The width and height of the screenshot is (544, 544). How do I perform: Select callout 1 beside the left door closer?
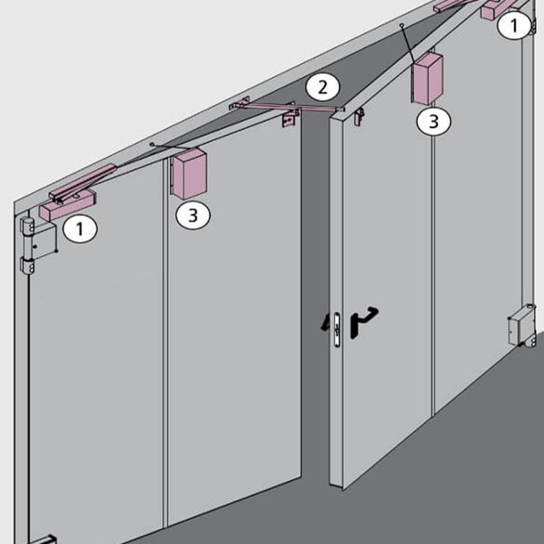click(80, 229)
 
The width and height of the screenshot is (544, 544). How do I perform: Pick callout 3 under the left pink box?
click(193, 215)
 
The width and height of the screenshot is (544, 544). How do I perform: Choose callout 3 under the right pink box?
click(433, 121)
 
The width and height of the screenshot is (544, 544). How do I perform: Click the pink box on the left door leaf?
click(188, 174)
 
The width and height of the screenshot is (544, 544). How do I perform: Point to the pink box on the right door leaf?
click(427, 79)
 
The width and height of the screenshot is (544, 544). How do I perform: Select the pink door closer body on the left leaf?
click(67, 205)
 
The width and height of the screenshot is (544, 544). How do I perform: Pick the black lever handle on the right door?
click(363, 322)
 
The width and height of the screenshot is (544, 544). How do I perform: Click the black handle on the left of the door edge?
click(325, 323)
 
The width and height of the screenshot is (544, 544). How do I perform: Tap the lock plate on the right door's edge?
click(336, 329)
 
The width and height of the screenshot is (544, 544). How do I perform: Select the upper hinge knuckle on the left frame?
click(27, 225)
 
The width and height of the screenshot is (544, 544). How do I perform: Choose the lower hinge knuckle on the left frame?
click(27, 266)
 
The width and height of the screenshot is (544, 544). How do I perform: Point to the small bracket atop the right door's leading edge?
click(359, 117)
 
